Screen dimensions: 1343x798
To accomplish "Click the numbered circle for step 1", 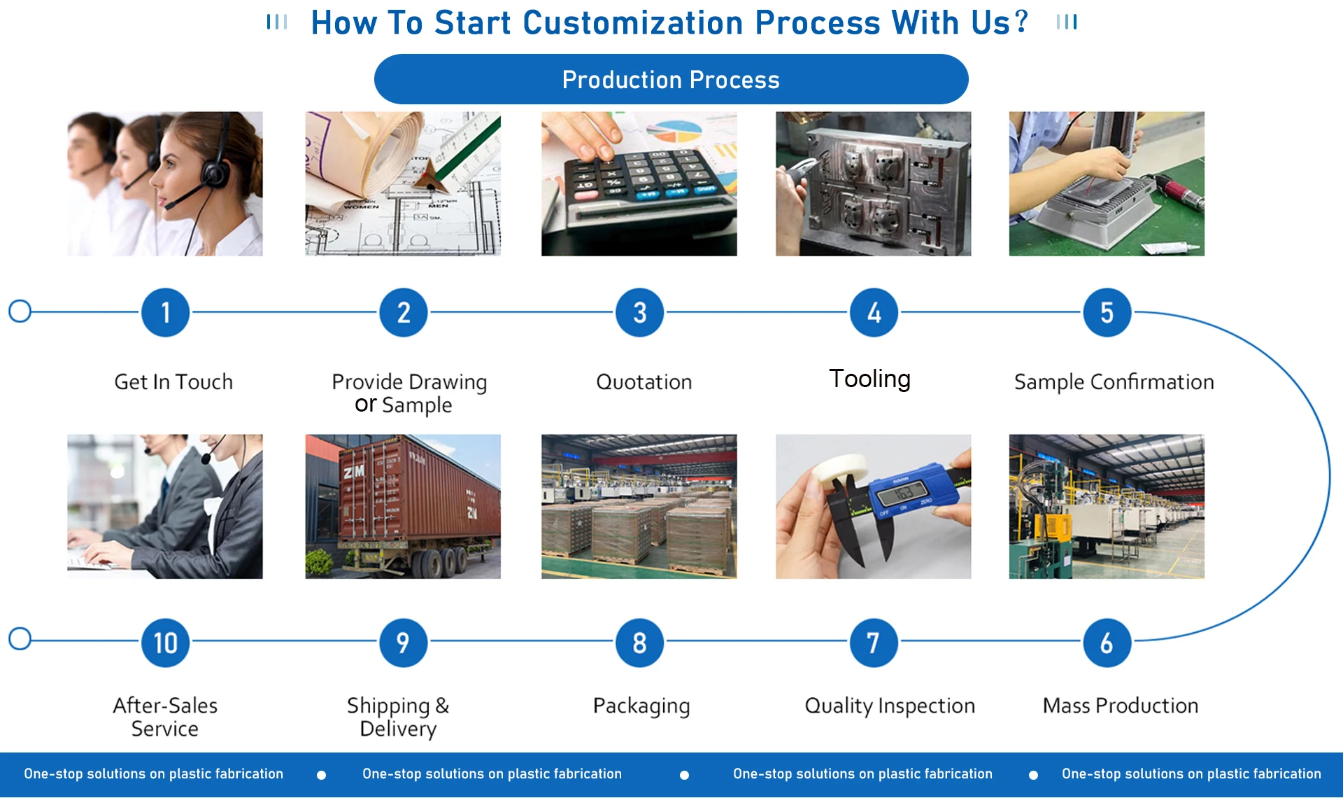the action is coord(165,312).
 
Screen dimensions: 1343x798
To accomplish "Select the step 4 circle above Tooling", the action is coord(874,312).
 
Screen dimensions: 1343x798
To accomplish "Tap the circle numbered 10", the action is coord(165,643).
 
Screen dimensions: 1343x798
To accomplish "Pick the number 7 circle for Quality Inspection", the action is coord(874,643).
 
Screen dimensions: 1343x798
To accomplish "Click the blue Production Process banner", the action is coord(671,79).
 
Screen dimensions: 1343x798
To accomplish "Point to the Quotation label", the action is coord(644,382).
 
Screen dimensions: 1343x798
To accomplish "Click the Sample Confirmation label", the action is coord(1114,382).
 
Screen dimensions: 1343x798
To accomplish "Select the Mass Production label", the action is coord(1121,706).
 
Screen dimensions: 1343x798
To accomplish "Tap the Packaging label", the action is coord(641,706).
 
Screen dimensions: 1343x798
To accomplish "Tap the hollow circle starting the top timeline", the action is coord(20,311).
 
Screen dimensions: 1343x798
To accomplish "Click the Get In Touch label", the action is coord(173,382).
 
